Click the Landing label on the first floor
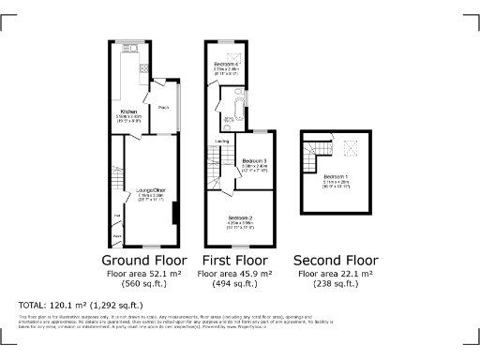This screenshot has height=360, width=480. (222, 142)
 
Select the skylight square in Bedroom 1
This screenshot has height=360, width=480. (352, 147)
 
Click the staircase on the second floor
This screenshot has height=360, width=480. (320, 151)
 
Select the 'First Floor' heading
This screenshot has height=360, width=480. (235, 259)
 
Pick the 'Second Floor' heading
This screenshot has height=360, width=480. (337, 259)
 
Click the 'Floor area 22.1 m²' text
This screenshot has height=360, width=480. (337, 274)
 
